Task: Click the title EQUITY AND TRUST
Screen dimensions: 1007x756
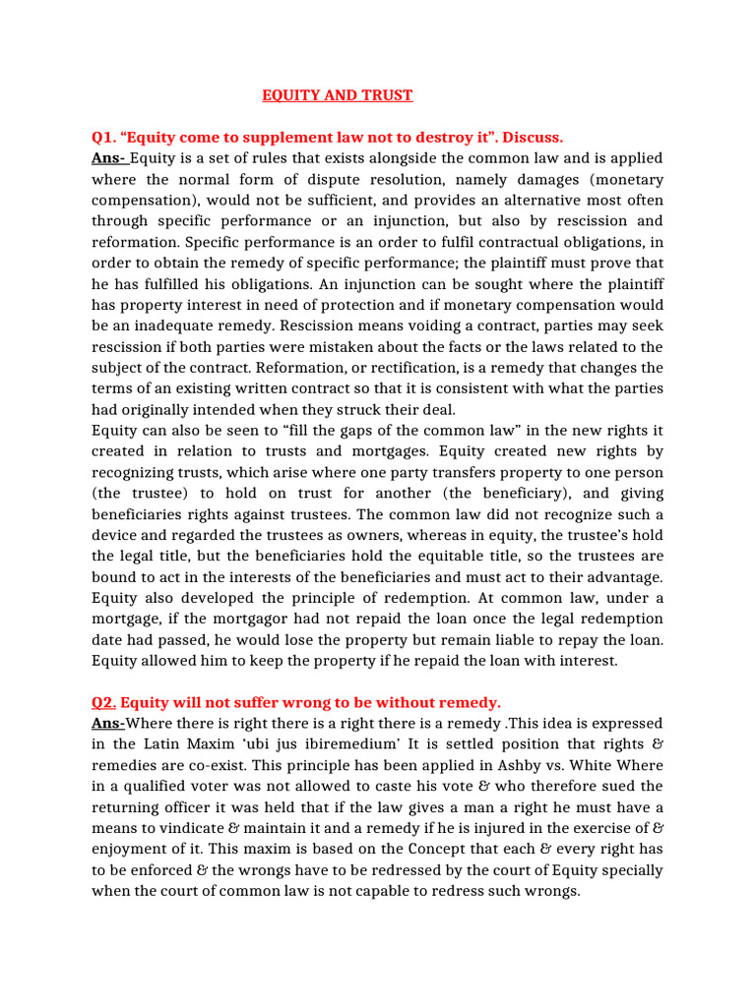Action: coord(338,95)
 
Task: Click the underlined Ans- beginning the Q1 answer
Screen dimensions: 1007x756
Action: coord(109,158)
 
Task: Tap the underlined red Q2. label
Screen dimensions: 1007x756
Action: coord(103,702)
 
